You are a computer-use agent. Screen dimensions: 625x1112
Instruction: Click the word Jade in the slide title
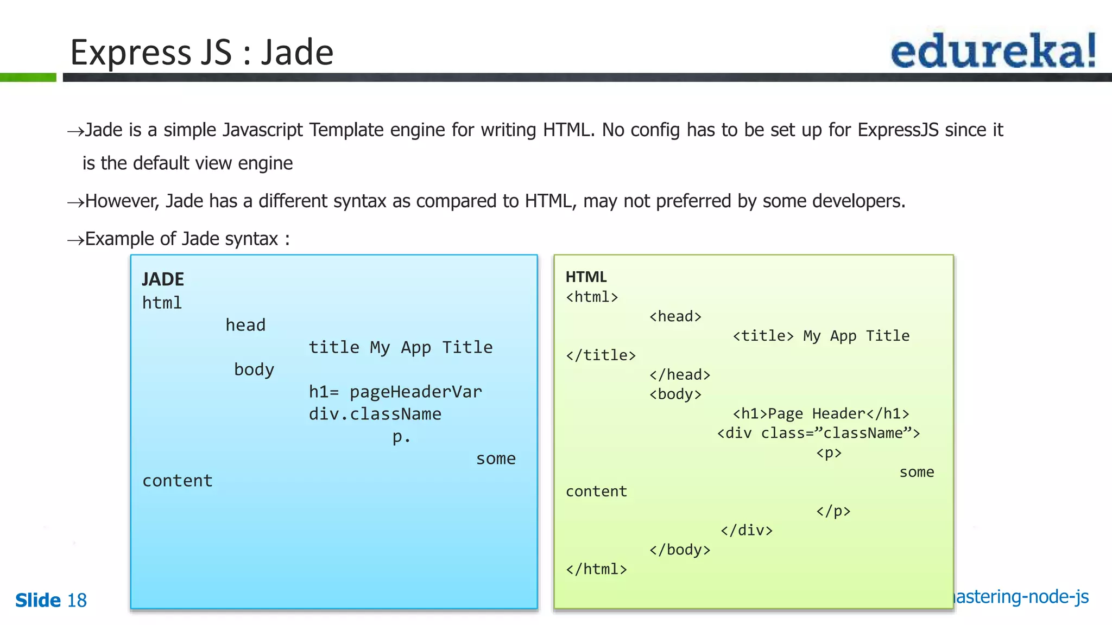click(297, 53)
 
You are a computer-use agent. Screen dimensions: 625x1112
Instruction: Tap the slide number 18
click(77, 601)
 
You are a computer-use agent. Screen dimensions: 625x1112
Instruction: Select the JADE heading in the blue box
click(163, 279)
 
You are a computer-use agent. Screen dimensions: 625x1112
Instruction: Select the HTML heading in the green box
click(586, 277)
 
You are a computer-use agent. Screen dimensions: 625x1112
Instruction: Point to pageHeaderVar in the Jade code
click(415, 392)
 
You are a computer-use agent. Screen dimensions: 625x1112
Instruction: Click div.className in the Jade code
click(375, 414)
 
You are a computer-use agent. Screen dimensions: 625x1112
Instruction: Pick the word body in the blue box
click(254, 369)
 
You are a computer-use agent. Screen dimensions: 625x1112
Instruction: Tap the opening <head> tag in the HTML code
click(675, 316)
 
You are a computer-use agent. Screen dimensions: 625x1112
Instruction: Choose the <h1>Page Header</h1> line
click(820, 413)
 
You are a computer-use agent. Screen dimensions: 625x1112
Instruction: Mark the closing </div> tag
click(747, 530)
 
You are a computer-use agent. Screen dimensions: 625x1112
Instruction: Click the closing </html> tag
click(596, 569)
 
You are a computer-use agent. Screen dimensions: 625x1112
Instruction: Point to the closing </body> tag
click(680, 550)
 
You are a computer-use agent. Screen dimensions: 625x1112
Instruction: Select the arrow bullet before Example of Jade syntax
click(75, 240)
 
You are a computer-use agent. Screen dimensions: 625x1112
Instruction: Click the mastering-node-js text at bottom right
click(1021, 597)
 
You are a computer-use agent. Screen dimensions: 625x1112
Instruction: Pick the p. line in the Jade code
click(401, 437)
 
